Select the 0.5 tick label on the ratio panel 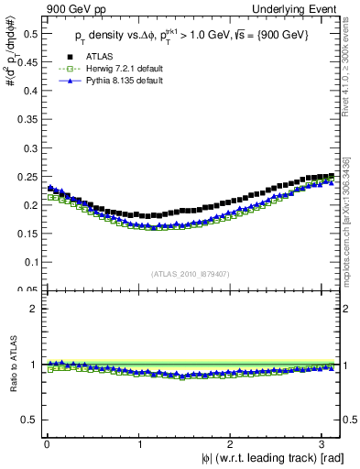28,420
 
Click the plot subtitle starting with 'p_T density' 192,35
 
